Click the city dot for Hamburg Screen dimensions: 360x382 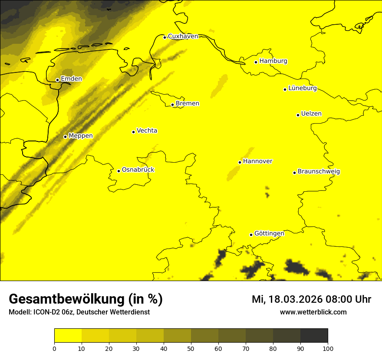click(x=256, y=62)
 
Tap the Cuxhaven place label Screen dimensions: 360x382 click(x=183, y=36)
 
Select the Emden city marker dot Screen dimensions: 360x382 click(x=57, y=80)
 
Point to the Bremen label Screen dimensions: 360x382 click(x=188, y=104)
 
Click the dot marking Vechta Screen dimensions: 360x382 click(x=133, y=132)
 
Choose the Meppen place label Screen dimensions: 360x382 click(x=81, y=136)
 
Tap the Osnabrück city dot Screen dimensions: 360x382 click(x=119, y=171)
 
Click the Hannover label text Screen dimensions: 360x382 click(x=258, y=161)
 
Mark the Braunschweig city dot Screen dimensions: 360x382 click(x=294, y=173)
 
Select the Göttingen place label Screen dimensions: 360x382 click(x=269, y=233)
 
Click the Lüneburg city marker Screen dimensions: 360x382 click(x=285, y=89)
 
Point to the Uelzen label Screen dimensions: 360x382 click(x=311, y=114)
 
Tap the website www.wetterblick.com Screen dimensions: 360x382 click(x=313, y=312)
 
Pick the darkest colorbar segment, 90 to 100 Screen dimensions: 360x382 click(x=314, y=336)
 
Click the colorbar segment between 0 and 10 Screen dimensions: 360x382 click(x=68, y=336)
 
